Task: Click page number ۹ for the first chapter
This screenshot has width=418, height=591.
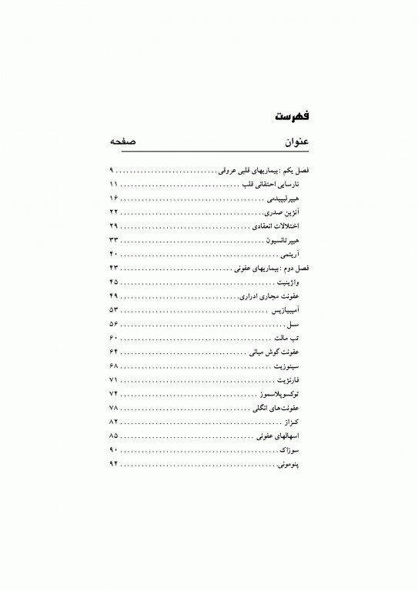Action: click(112, 168)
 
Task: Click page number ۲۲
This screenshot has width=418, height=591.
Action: click(114, 211)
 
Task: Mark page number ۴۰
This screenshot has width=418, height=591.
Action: click(114, 254)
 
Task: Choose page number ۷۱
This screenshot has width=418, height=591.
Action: click(114, 380)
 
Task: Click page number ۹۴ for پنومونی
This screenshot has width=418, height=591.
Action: click(114, 465)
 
